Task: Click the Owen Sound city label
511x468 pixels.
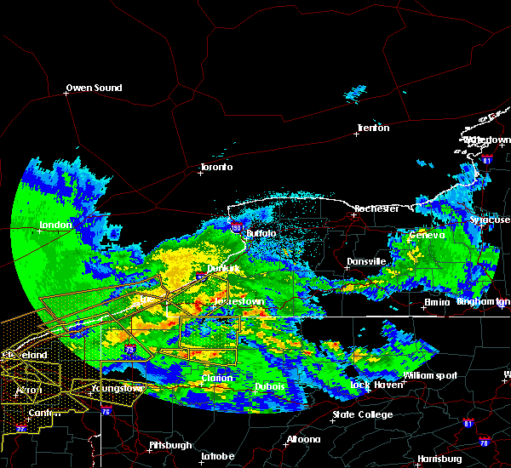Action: point(95,88)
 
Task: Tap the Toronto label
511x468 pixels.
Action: point(216,167)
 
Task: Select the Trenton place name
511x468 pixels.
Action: point(373,128)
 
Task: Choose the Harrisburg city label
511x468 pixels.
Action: point(439,459)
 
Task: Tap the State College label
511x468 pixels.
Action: point(363,414)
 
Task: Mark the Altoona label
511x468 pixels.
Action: point(303,439)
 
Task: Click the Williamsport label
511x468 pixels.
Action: point(430,375)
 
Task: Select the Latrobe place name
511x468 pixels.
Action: point(217,456)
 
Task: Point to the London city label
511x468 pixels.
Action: point(55,225)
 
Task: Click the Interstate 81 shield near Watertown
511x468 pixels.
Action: point(486,159)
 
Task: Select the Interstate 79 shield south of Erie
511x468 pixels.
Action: point(129,349)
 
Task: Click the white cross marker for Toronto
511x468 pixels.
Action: point(201,173)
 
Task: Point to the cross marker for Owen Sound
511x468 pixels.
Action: point(66,94)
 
